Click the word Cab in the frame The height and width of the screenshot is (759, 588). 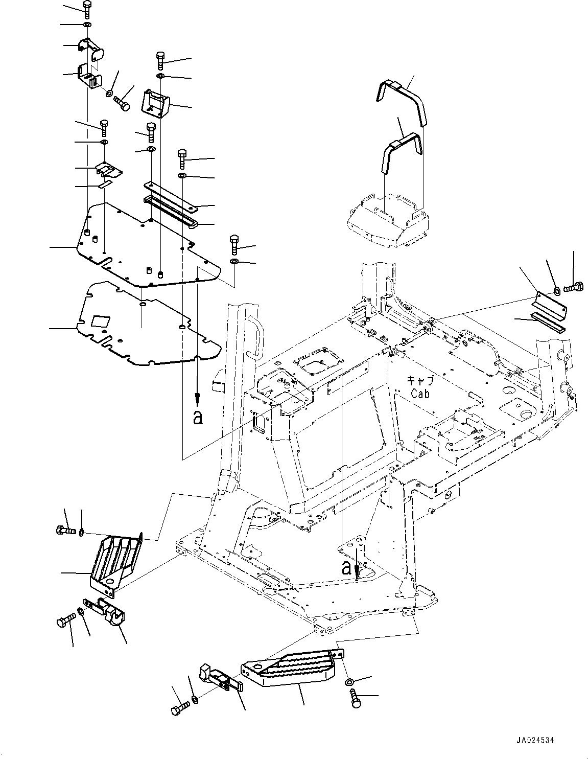(420, 394)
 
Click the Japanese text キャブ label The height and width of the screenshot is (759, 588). (420, 381)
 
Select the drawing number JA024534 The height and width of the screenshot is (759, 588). (534, 740)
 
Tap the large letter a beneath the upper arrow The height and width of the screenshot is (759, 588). (198, 418)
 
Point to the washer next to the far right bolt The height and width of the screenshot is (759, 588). (556, 291)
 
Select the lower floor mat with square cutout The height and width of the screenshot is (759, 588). (148, 327)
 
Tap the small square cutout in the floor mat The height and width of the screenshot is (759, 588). (100, 321)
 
